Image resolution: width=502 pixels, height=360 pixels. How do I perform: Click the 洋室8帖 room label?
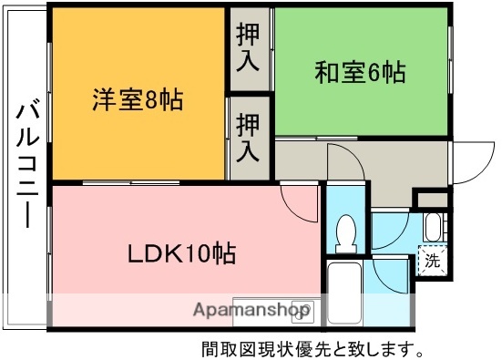click(137, 98)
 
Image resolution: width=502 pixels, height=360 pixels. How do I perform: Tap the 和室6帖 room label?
click(360, 71)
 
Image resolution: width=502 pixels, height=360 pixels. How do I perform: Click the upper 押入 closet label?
click(248, 49)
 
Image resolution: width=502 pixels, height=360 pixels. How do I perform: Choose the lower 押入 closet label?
click(248, 138)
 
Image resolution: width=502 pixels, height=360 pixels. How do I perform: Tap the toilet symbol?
click(345, 234)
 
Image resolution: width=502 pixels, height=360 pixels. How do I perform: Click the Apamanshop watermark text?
click(250, 310)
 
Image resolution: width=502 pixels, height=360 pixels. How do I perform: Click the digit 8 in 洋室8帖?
click(152, 98)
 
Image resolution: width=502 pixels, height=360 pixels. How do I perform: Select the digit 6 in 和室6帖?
click(375, 71)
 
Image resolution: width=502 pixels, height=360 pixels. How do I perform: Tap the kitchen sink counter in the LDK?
click(273, 310)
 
